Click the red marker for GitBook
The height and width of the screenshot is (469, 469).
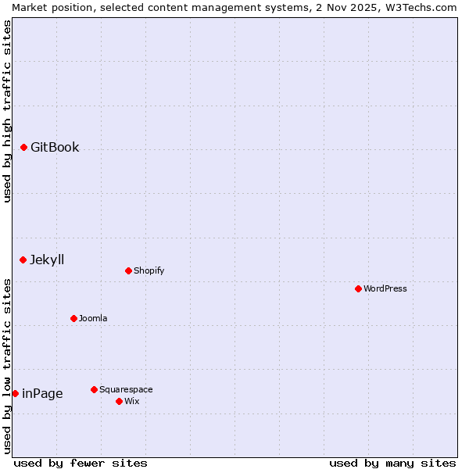23,147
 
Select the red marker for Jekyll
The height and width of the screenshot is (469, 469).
23,260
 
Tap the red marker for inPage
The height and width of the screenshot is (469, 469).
15,393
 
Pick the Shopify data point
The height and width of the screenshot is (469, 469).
128,270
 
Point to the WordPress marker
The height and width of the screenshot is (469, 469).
358,288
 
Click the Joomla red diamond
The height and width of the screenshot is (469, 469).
73,318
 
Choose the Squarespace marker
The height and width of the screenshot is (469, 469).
94,389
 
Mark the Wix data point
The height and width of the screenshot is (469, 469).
119,401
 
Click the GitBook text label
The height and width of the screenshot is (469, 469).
55,147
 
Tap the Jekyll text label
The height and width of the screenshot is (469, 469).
47,260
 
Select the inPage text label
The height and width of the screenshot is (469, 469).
42,393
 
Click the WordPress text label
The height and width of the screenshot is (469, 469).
385,288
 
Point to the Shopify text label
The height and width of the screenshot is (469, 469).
149,270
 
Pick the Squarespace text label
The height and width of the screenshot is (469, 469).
126,389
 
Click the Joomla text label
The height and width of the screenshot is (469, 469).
93,318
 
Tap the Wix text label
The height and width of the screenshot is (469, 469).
131,401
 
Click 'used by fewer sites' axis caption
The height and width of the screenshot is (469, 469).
81,463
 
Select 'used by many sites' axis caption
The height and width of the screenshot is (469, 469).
392,463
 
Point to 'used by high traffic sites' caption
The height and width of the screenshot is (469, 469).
7,111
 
